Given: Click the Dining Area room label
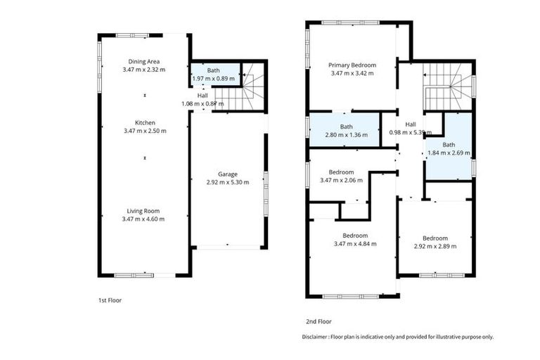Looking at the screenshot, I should click(x=145, y=61).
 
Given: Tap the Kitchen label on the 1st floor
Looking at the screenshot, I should click(x=145, y=122).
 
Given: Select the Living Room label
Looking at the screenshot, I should click(x=145, y=210).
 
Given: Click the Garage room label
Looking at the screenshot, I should click(x=227, y=174).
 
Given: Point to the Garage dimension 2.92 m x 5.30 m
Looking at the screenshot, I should click(x=227, y=182).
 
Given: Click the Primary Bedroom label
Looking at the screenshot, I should click(x=352, y=65).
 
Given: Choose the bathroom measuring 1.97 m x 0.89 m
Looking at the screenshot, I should click(x=214, y=75).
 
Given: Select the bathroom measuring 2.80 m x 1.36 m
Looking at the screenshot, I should click(x=346, y=131).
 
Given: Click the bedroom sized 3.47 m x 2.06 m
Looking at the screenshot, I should click(x=341, y=176).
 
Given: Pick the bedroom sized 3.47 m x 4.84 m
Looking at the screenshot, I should click(x=355, y=240).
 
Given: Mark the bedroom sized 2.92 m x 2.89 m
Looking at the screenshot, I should click(x=435, y=242).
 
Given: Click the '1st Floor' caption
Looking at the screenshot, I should click(x=111, y=300).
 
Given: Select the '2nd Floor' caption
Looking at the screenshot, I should click(x=319, y=321).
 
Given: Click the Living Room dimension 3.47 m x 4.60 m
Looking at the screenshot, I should click(x=145, y=219).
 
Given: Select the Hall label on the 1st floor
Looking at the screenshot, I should click(x=202, y=95).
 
